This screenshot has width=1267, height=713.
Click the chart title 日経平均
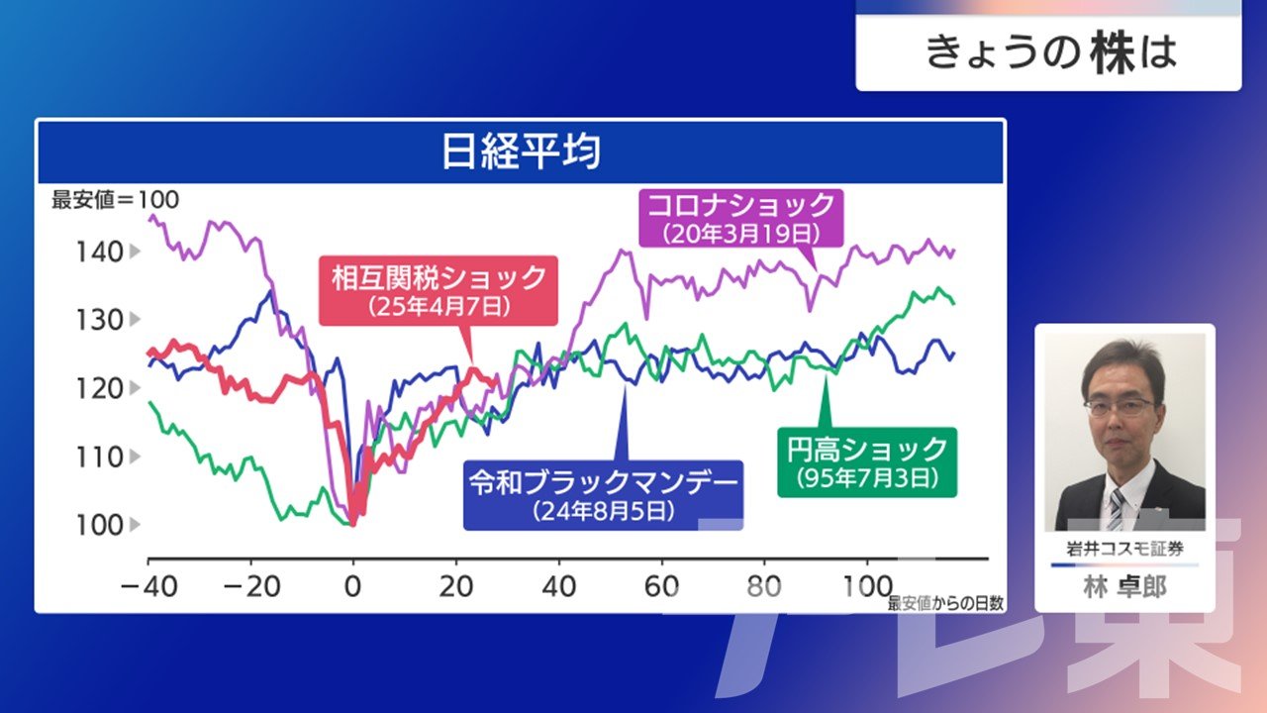pos(521,152)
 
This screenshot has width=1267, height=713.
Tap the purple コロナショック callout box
pos(741,219)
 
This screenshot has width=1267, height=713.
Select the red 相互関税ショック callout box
pos(439,291)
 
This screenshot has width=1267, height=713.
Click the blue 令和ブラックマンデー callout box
pos(603,495)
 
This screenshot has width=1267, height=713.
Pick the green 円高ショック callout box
pos(867,462)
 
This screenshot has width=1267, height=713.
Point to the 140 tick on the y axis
pos(100,252)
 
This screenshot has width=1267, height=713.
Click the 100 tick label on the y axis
pos(100,525)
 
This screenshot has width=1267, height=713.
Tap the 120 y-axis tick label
pos(100,389)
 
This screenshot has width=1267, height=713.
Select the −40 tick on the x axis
pos(149,587)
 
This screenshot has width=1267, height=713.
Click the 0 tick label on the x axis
pos(353,587)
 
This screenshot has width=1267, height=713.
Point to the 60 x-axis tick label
pos(662,587)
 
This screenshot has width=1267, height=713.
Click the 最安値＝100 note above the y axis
pos(116,200)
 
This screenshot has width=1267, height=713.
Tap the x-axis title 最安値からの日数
pos(945,603)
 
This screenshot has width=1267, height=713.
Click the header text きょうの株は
pos(1051,53)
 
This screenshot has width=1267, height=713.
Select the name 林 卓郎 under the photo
pos(1124,587)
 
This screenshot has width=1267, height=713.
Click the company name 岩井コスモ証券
pos(1124,549)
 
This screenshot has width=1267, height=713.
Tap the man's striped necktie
pos(1117,509)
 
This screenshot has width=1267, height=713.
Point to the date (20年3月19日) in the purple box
pos(741,234)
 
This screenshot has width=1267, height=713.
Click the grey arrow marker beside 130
pos(135,320)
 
